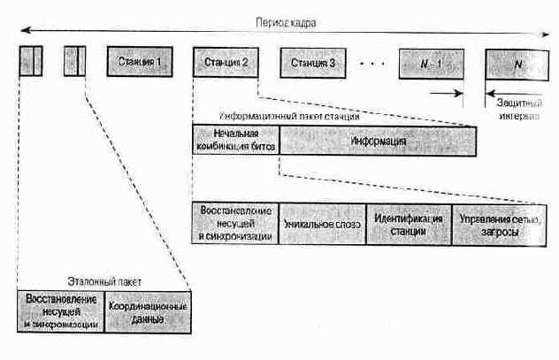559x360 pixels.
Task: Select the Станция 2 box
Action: pos(226,63)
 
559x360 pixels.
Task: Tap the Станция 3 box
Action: pos(312,63)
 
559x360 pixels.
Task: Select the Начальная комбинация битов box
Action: pos(235,141)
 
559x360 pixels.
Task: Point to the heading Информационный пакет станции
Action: pos(287,116)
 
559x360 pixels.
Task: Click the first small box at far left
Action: pos(31,62)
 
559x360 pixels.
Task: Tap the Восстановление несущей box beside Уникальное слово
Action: pos(234,225)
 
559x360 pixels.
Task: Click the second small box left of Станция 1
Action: pos(74,62)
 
